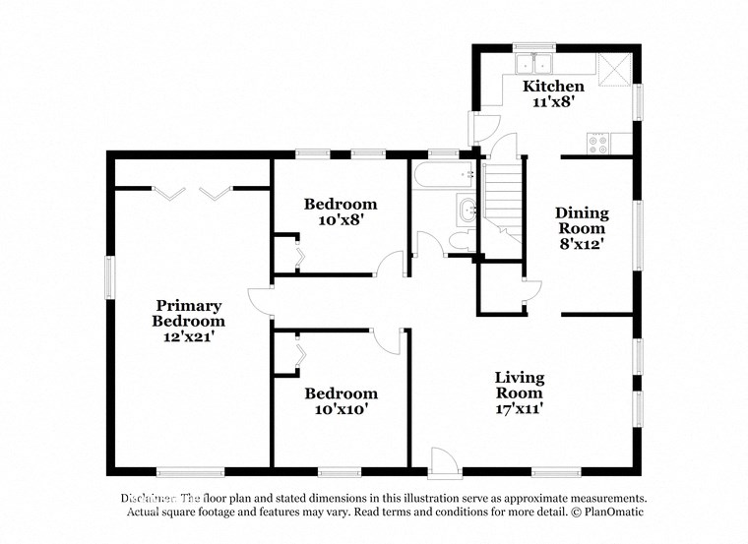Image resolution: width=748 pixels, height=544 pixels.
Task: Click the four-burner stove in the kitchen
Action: pos(597,143)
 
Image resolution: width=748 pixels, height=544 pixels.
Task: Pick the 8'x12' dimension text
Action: pos(582,244)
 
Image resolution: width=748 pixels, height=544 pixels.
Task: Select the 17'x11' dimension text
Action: pos(519,408)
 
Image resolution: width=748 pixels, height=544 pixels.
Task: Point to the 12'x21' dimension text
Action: pos(187,336)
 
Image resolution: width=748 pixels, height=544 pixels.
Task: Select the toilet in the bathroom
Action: pos(460,242)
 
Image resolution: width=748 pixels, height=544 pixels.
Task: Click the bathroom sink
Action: pos(466,209)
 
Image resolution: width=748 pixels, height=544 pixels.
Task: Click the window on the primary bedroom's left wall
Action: pos(110,277)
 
